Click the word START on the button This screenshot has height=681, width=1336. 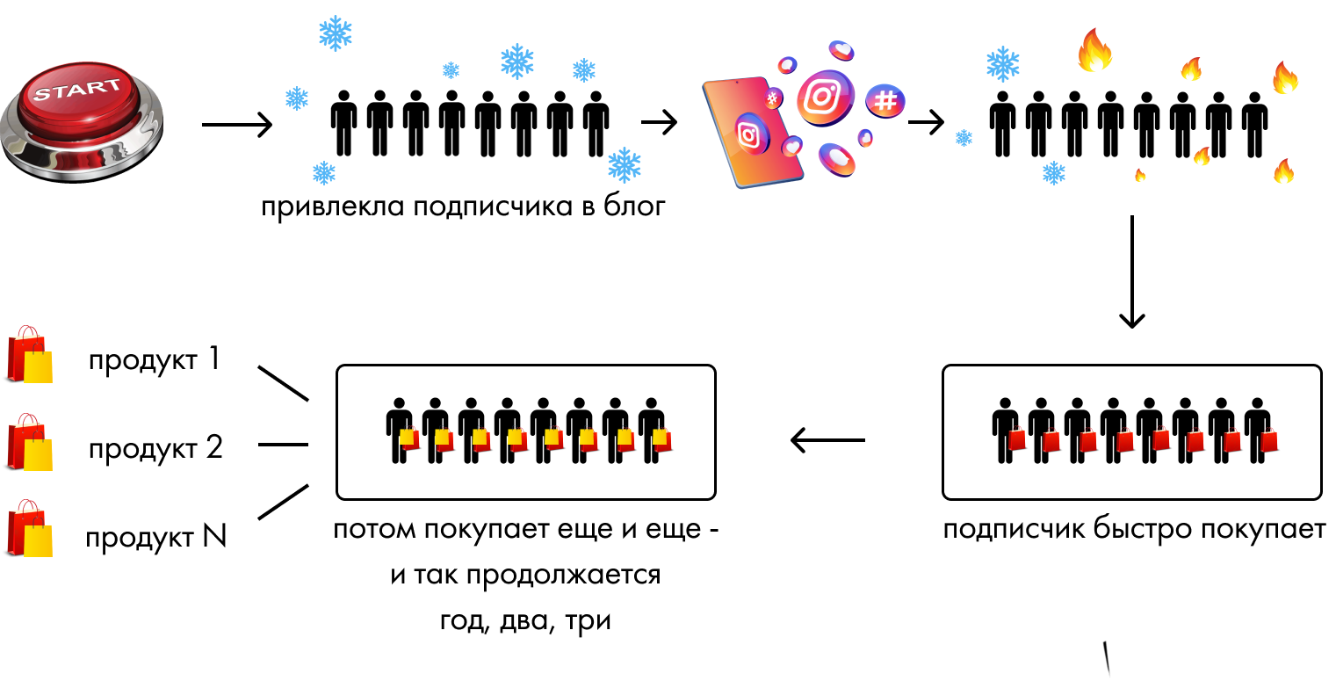(77, 89)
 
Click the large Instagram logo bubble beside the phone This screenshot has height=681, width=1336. (824, 97)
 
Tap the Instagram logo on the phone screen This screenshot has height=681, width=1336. (750, 134)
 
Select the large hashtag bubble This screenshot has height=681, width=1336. (885, 101)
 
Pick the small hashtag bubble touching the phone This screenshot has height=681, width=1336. (773, 98)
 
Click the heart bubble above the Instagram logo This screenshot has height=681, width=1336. (841, 49)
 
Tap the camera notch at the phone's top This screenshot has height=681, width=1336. (736, 82)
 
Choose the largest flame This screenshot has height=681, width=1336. (1094, 50)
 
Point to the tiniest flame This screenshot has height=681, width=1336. (1140, 175)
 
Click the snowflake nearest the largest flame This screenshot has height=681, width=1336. (1002, 64)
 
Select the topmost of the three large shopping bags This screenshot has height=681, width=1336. (29, 355)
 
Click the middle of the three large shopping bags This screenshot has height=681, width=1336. (29, 443)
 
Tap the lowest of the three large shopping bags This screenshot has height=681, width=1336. (29, 529)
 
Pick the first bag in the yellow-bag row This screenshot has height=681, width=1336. (409, 438)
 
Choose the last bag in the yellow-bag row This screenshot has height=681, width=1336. (662, 439)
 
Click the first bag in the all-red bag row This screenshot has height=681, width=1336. (1017, 438)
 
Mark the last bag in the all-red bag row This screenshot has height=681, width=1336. (1268, 439)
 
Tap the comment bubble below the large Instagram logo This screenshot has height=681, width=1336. (836, 159)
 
